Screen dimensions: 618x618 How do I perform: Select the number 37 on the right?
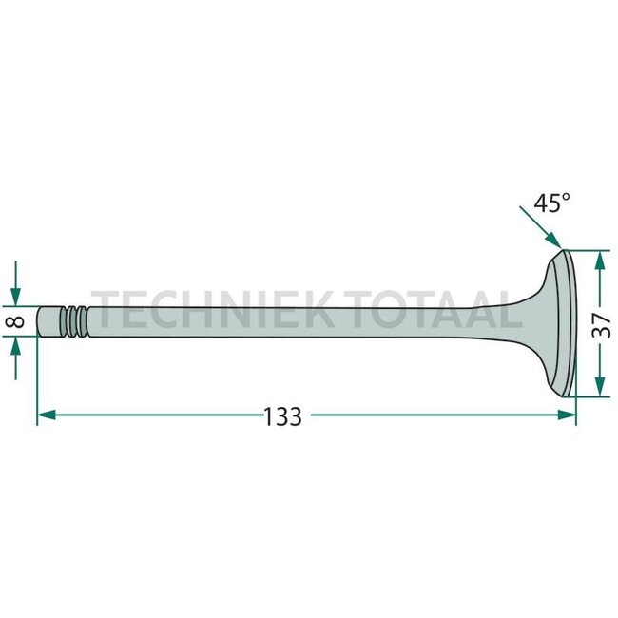click(x=601, y=325)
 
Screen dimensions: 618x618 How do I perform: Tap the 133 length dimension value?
click(x=282, y=415)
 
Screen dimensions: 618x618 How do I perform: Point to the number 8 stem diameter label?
click(x=14, y=322)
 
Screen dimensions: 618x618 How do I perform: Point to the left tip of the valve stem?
click(x=40, y=321)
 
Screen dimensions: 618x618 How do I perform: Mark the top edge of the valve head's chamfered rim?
click(x=565, y=252)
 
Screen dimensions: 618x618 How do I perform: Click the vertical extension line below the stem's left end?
click(x=37, y=380)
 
